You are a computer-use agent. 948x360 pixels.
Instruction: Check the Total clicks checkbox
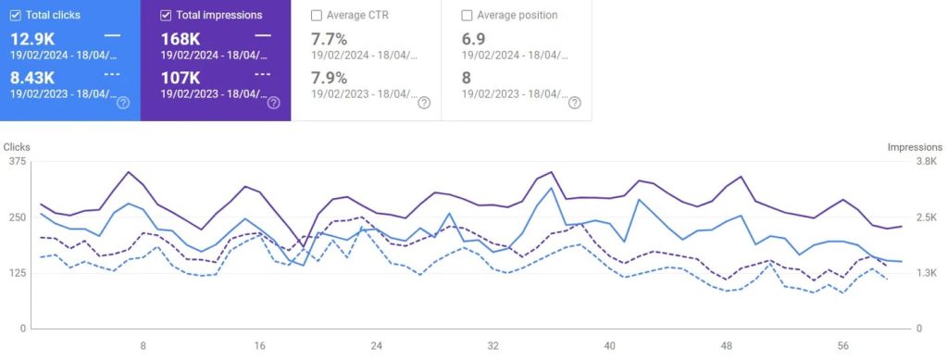16,15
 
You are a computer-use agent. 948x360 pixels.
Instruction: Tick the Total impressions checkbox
166,15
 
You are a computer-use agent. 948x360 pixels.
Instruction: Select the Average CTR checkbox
317,15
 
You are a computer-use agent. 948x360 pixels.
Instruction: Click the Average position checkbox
467,15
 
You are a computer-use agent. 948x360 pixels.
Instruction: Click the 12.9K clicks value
32,39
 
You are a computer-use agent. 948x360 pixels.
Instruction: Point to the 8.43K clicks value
32,78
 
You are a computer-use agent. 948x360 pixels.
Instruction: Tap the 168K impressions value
181,39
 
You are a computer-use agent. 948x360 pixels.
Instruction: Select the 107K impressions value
181,78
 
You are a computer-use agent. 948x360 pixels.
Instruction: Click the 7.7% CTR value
329,39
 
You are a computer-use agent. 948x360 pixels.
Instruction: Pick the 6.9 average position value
473,39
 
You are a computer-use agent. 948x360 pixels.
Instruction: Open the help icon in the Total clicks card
123,103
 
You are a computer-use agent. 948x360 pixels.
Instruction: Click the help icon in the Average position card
574,103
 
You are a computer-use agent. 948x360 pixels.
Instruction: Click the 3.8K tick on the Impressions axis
927,161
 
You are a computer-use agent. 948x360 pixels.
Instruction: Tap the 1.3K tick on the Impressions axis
927,273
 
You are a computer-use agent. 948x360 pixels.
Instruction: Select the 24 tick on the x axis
376,346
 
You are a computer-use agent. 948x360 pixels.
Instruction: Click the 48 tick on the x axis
726,346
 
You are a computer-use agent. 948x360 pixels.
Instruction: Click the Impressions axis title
915,147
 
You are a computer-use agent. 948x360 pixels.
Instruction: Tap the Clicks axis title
17,147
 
